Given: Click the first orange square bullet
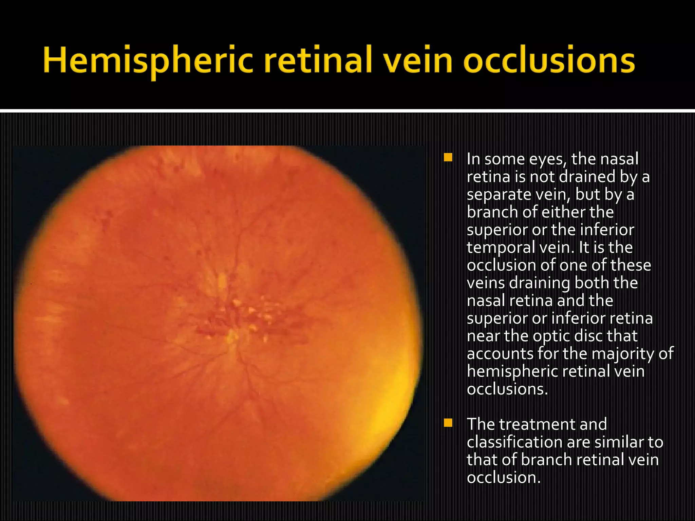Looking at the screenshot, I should click(448, 157).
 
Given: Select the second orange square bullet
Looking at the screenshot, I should click(448, 423).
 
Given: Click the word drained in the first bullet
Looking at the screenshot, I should click(587, 177).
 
